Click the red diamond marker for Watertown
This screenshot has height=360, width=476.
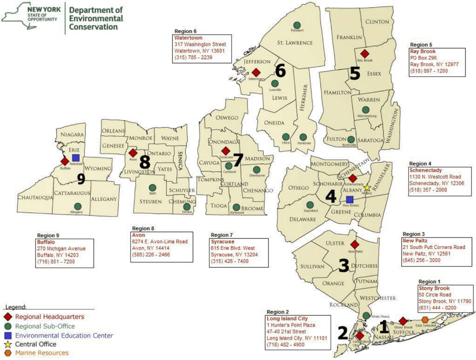[x=256, y=72]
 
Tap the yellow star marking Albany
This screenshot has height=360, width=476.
[x=367, y=188]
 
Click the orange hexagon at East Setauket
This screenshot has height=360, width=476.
[x=425, y=320]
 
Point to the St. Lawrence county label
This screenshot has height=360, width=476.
[x=295, y=43]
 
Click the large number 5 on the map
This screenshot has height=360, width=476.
[x=355, y=74]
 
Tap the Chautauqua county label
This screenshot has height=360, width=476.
[x=35, y=198]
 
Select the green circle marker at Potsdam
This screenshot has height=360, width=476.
[x=297, y=25]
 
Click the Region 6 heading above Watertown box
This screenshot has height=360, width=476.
[x=185, y=31]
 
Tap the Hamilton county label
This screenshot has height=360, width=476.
[x=338, y=93]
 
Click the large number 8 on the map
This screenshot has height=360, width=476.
[x=145, y=162]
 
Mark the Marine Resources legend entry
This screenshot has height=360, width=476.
[x=42, y=353]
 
